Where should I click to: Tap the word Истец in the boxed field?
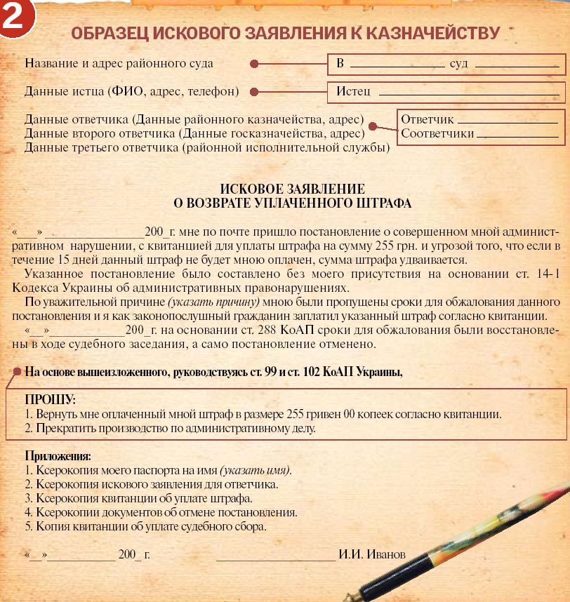[353, 92]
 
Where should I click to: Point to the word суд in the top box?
[458, 64]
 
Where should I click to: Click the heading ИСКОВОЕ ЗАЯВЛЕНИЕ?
[292, 189]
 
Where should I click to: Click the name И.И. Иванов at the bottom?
[372, 554]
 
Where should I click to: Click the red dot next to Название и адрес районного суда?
[254, 64]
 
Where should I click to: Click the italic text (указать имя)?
[255, 470]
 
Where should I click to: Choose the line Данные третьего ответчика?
[207, 147]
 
